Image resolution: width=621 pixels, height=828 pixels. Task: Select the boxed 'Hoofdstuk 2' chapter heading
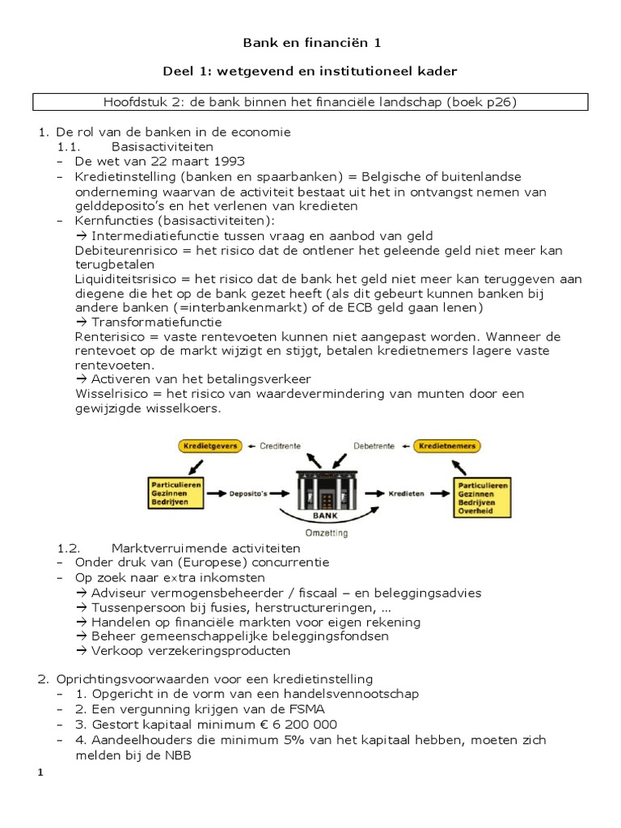pyautogui.click(x=310, y=103)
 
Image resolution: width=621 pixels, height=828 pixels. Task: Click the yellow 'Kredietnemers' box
pyautogui.click(x=447, y=446)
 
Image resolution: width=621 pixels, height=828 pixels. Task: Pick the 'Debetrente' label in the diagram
pyautogui.click(x=375, y=446)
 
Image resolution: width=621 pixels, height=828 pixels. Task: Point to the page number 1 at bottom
pyautogui.click(x=40, y=773)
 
